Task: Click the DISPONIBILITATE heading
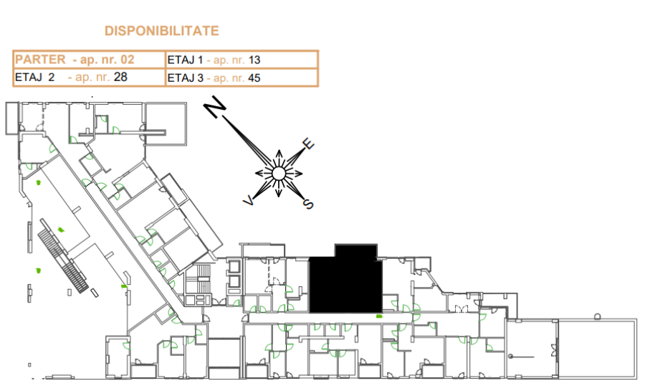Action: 162,31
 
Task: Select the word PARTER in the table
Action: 40,60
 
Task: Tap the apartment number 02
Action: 127,60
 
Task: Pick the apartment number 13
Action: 254,60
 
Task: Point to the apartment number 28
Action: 120,77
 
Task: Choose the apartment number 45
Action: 254,78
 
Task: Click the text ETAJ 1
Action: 185,60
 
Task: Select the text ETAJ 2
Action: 35,77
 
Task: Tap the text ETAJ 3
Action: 186,78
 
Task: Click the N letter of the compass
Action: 215,107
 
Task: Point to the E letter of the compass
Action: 308,143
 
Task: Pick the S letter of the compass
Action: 308,204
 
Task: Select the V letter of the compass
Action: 249,201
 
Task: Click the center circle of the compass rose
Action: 279,174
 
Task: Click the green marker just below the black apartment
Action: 379,316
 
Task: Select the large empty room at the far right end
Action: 597,349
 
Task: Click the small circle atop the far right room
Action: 598,316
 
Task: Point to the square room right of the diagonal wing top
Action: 166,123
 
